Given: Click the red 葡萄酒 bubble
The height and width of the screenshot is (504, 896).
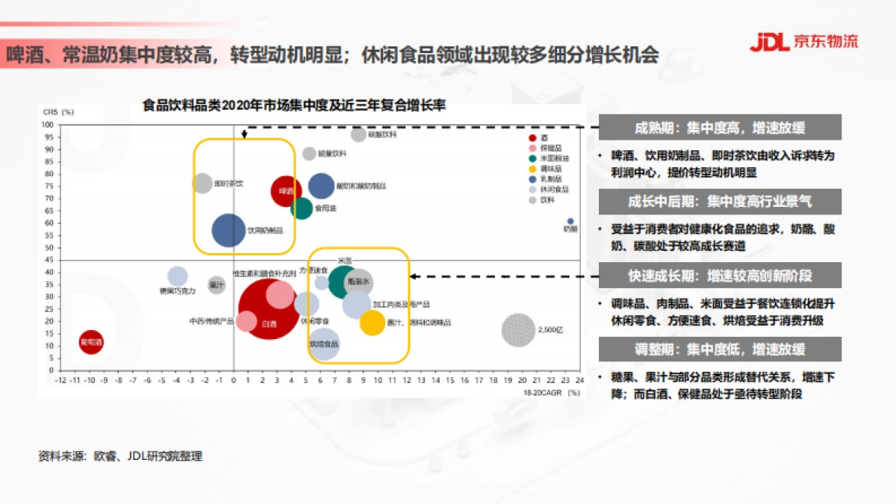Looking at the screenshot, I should click(91, 343).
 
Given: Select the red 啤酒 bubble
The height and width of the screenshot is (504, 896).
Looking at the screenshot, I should click(287, 191).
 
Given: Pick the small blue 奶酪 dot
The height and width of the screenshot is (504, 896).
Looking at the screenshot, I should click(570, 222).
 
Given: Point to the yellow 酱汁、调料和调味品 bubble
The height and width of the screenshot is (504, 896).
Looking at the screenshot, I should click(373, 323).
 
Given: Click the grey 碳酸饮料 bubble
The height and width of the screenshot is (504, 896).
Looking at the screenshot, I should click(358, 134).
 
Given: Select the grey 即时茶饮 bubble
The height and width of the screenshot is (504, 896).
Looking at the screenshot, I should click(202, 183).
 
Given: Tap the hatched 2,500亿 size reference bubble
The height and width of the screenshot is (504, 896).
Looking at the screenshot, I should click(519, 329).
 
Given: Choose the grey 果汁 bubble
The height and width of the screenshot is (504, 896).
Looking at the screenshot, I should click(217, 284).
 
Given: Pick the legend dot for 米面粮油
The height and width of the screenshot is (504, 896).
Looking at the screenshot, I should click(531, 158).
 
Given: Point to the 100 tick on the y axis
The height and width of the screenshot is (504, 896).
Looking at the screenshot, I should click(47, 125).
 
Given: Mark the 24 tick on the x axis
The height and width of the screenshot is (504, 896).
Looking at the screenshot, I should click(579, 379).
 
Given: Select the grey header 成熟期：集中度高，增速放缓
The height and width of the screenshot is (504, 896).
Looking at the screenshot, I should click(720, 128).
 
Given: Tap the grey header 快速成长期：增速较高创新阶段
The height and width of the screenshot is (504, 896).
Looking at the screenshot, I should click(720, 276).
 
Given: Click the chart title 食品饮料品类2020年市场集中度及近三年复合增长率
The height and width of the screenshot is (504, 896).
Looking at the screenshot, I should click(294, 106).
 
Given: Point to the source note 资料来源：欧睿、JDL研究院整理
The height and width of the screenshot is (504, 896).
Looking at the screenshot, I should click(120, 455).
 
